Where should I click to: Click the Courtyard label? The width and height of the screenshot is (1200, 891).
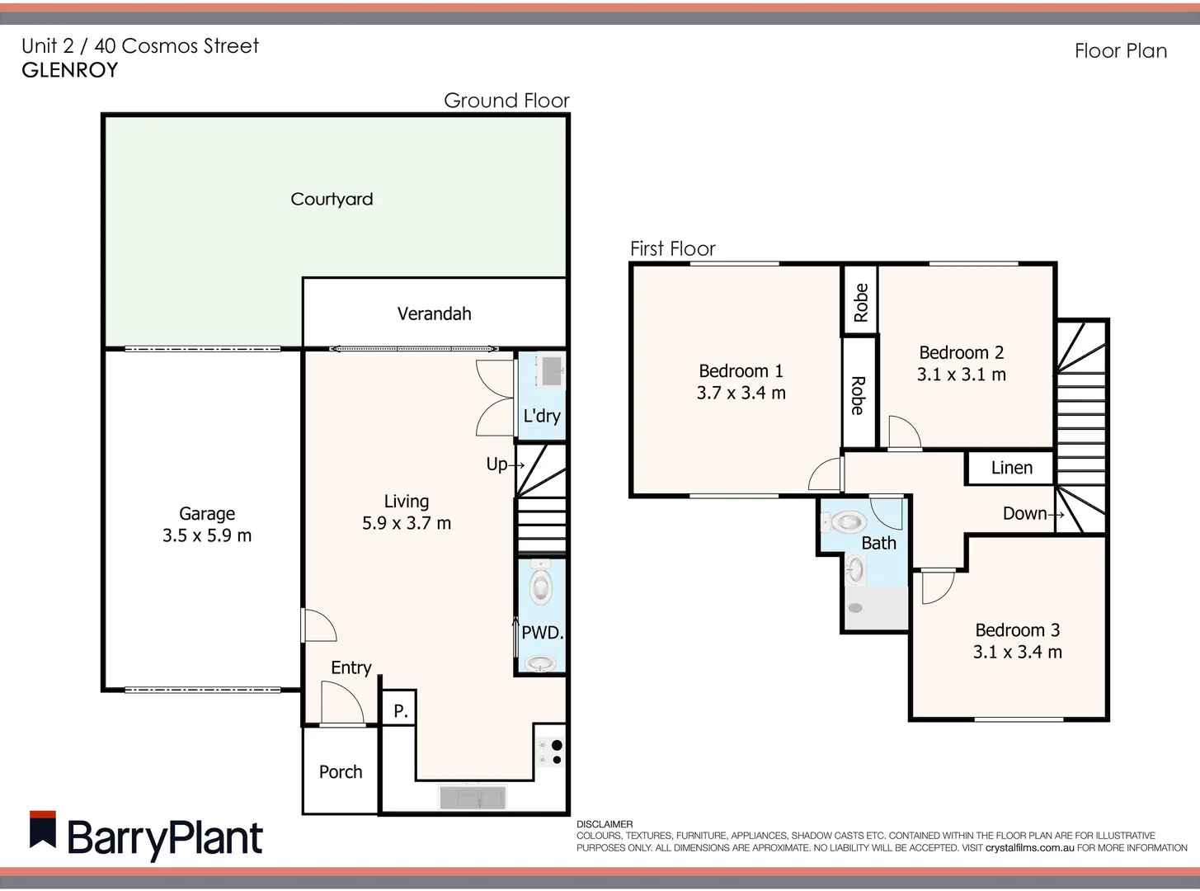332,199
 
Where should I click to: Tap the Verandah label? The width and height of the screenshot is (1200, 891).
434,313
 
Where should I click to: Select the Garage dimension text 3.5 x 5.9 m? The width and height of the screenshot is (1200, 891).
207,535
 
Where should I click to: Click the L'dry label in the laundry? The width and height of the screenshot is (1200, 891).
542,416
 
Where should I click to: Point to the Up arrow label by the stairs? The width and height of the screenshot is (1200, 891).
504,464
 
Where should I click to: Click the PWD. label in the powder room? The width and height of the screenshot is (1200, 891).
542,633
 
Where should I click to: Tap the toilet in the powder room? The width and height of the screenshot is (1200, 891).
541,586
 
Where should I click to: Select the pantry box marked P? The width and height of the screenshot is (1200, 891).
400,709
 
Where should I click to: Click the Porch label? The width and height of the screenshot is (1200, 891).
341,771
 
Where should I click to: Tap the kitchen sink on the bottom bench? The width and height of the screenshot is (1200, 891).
472,798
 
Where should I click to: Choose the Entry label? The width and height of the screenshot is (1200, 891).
351,667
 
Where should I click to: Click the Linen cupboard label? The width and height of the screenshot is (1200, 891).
1011,468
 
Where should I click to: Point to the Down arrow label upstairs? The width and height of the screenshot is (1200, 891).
1032,513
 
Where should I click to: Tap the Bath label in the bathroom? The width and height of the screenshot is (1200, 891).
878,543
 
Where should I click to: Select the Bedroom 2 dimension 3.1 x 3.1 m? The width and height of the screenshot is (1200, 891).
961,375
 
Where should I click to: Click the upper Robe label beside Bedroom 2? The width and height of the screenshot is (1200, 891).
860,302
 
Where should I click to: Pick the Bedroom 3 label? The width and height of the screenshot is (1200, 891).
1017,630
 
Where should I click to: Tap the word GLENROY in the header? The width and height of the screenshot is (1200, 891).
70,70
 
